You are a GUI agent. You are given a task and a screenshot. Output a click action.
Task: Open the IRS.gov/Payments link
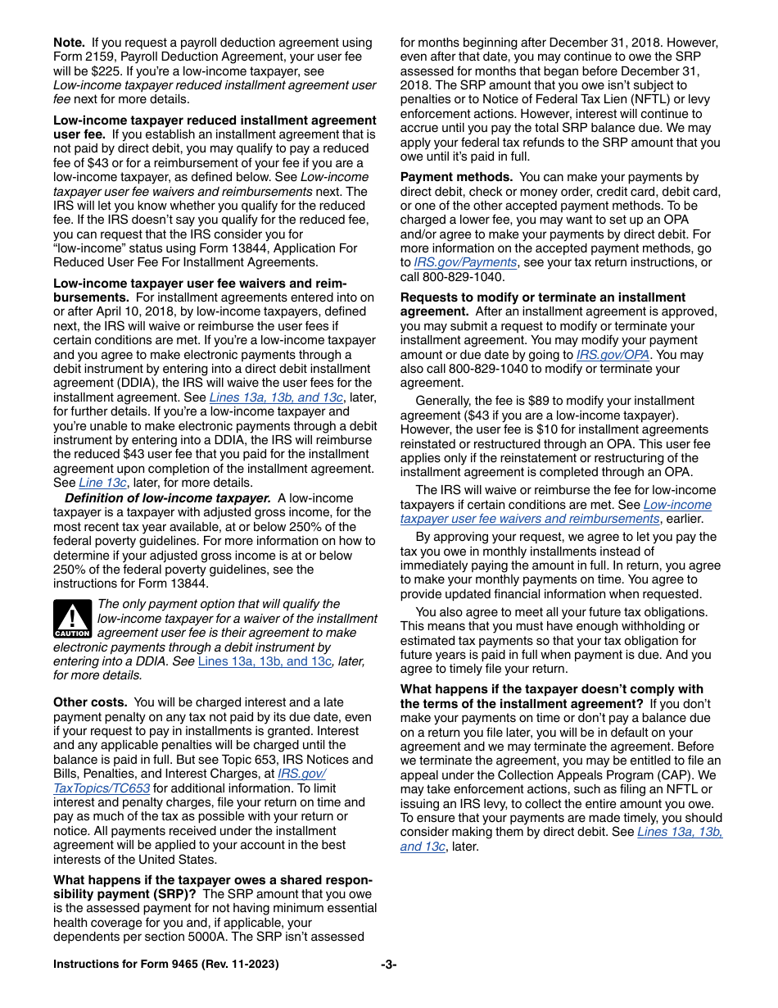click(465, 262)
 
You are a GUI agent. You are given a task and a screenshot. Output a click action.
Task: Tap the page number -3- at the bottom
click(388, 965)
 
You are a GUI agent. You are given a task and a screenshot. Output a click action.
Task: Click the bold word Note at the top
click(69, 43)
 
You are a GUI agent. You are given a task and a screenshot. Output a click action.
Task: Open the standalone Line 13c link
click(102, 483)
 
